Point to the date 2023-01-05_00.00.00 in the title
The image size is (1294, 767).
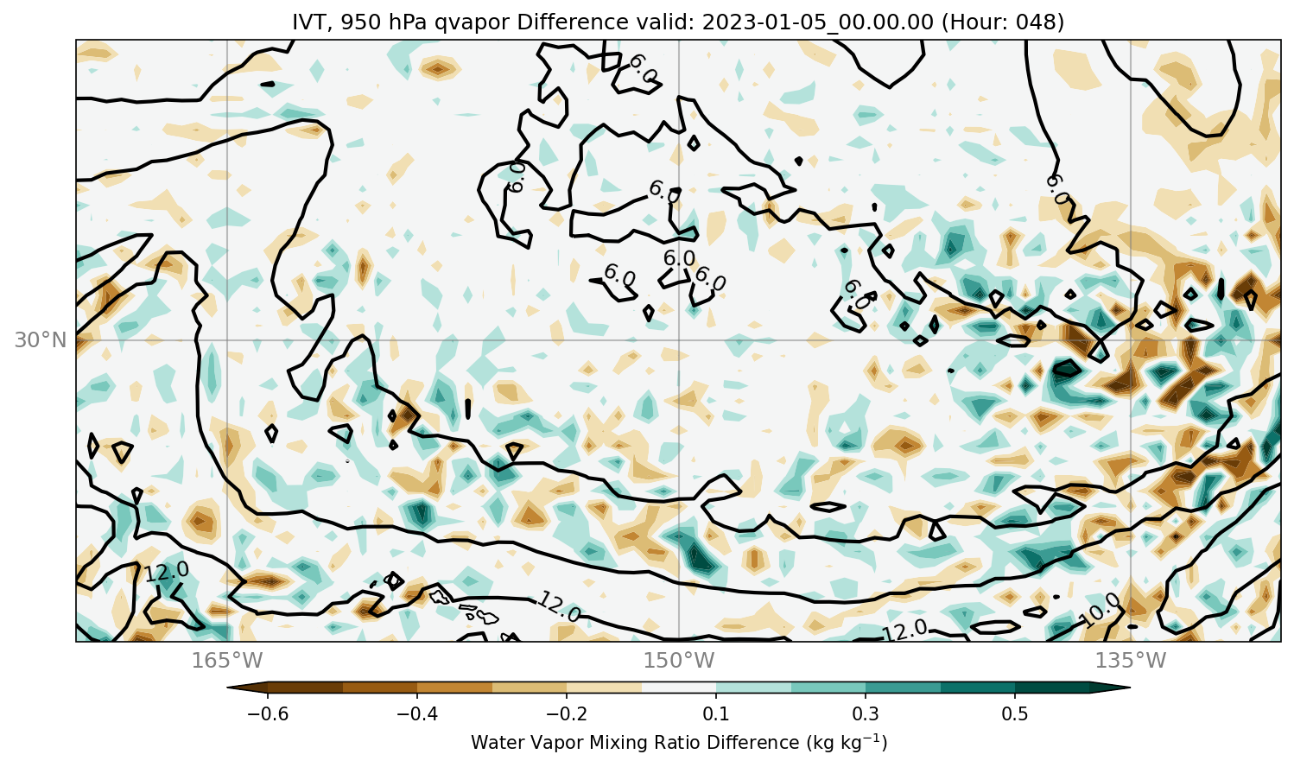click(x=817, y=22)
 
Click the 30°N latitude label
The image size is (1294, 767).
click(x=41, y=340)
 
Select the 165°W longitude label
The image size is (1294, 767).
click(x=227, y=660)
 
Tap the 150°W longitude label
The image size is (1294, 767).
click(x=679, y=660)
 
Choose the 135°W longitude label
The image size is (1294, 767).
click(x=1131, y=660)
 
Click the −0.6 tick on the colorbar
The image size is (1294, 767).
click(x=268, y=713)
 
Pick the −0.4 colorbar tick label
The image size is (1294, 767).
click(x=417, y=713)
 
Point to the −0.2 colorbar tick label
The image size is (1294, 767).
click(x=567, y=713)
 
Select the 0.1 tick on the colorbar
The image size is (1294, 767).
click(x=716, y=713)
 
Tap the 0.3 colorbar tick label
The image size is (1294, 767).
click(x=866, y=713)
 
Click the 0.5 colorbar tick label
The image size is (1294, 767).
click(x=1015, y=713)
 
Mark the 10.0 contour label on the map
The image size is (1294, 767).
click(x=1101, y=611)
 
